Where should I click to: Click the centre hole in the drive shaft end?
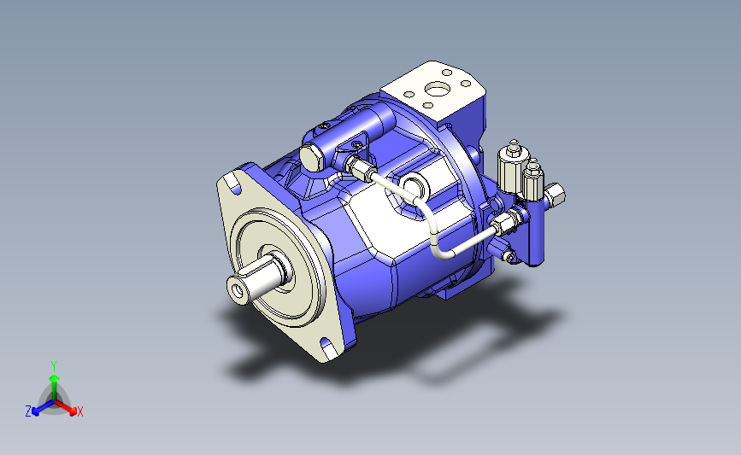(238, 291)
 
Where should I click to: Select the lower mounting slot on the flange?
(326, 343)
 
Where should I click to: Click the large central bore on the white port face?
(436, 88)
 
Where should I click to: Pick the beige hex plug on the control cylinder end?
(311, 158)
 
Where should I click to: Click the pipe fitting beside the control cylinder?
(361, 168)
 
